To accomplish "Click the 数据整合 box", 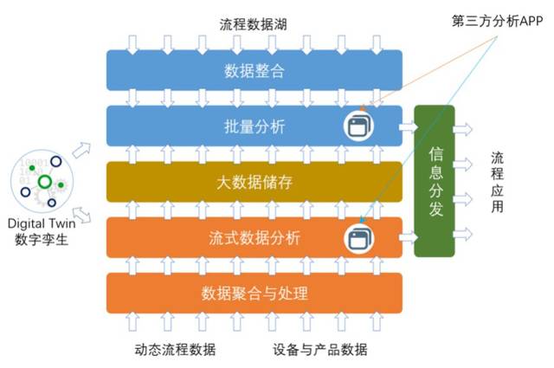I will (x=254, y=70).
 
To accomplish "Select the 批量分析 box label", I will (x=254, y=126).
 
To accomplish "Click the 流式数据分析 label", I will (x=254, y=237).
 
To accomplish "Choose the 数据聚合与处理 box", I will (x=254, y=293).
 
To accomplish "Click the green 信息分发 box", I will (x=435, y=180).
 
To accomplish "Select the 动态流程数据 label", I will (x=175, y=349).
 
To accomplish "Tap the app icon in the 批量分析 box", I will (x=358, y=126).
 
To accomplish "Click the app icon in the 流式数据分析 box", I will (x=358, y=238).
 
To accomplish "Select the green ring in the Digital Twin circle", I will (x=45, y=182).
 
